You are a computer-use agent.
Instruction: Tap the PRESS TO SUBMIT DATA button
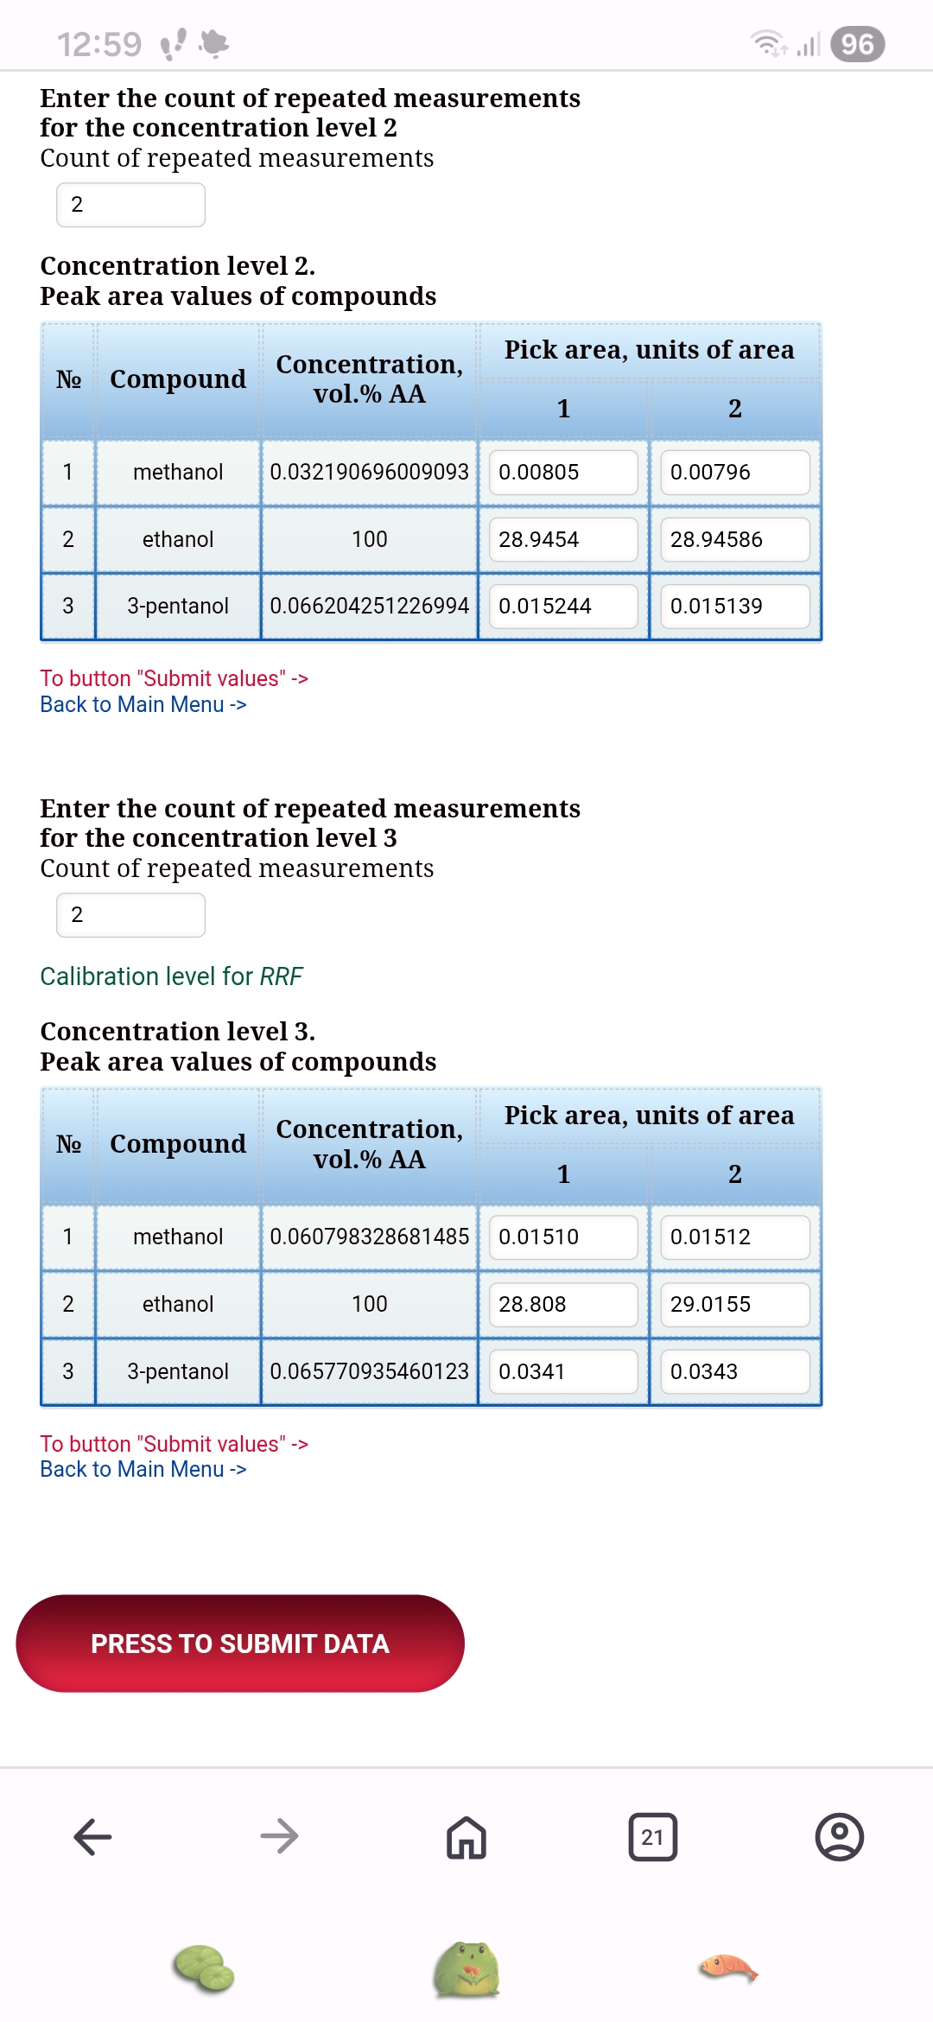(240, 1643)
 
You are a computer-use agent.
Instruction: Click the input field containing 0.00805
(563, 472)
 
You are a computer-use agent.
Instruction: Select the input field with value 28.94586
(734, 539)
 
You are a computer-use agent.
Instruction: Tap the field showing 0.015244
(563, 606)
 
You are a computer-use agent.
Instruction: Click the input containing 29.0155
(734, 1304)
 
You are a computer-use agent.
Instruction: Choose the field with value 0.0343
(734, 1371)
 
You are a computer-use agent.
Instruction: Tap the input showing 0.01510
(563, 1237)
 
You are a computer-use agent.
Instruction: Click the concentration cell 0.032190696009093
(369, 472)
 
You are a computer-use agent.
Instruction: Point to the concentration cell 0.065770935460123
(369, 1371)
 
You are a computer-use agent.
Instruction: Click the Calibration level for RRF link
(171, 976)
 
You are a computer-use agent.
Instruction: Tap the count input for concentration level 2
(130, 205)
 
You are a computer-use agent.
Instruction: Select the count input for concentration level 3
(130, 915)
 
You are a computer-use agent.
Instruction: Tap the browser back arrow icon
(93, 1836)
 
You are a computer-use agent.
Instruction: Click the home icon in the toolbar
(466, 1836)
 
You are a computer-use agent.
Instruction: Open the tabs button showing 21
(653, 1836)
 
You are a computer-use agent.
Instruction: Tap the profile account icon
(839, 1836)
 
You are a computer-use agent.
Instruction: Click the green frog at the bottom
(466, 1969)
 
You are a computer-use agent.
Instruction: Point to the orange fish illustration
(728, 1968)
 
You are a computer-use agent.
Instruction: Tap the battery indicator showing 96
(857, 44)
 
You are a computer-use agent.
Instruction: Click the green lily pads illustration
(204, 1968)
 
